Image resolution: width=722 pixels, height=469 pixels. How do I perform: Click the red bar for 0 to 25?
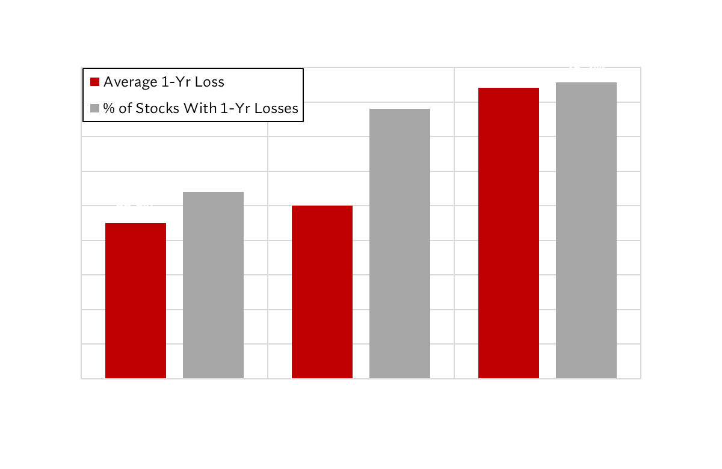135,301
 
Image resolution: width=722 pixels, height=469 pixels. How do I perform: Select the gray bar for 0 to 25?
213,286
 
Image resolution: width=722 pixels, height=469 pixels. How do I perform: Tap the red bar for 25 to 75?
322,292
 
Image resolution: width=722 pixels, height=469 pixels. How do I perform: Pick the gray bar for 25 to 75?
400,244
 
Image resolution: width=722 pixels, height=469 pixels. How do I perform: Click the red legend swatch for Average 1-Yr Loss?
94,82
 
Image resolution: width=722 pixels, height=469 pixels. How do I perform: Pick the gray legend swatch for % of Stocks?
94,108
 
